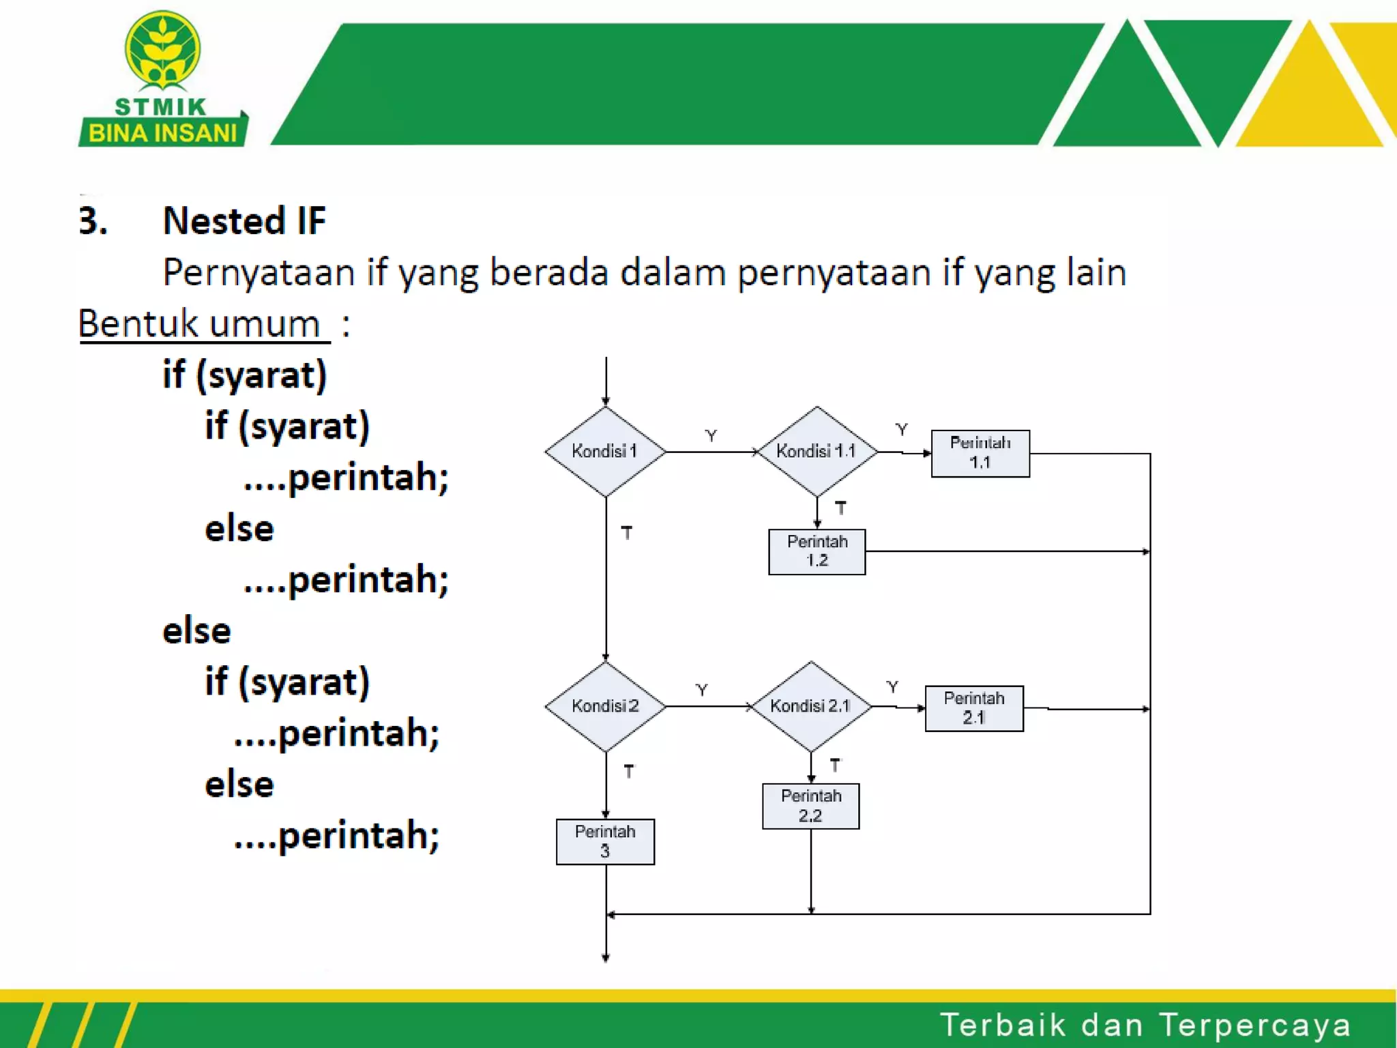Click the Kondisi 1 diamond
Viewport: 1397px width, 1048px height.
(x=605, y=451)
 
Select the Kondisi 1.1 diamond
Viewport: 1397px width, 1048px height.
(x=817, y=451)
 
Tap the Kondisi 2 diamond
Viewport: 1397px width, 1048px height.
(x=605, y=706)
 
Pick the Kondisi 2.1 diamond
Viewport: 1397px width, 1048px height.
(x=810, y=706)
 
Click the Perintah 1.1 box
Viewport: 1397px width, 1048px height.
(x=980, y=453)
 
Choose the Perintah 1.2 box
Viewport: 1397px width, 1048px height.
(x=817, y=551)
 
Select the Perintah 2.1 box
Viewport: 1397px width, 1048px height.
(x=974, y=708)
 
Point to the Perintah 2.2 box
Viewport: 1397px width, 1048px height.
(x=810, y=806)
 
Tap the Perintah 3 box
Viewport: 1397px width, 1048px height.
(x=605, y=841)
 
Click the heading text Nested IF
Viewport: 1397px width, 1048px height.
(x=244, y=221)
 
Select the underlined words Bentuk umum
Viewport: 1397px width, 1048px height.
(x=199, y=323)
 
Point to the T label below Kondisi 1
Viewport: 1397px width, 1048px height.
(x=627, y=532)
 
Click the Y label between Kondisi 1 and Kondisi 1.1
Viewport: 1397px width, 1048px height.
(x=711, y=435)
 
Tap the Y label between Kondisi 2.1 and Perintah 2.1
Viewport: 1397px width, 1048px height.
(x=892, y=686)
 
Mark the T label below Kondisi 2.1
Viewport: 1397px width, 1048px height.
(x=835, y=766)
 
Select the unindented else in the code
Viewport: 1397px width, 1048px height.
(x=196, y=630)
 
